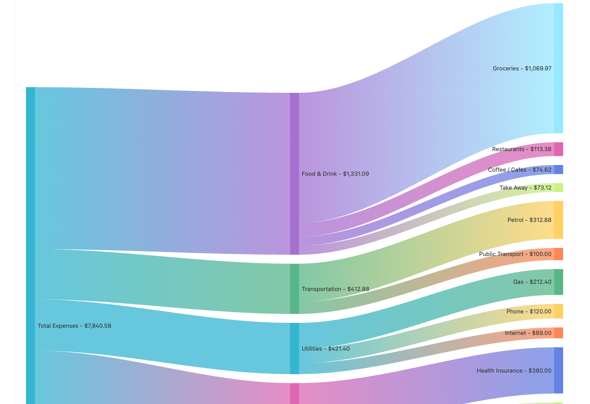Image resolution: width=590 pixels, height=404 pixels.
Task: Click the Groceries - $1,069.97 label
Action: (x=522, y=69)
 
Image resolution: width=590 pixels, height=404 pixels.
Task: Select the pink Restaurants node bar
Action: (x=558, y=149)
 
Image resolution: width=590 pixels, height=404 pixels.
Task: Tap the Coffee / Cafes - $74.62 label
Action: (x=519, y=170)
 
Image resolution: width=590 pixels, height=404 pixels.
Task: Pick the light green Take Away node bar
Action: (x=558, y=187)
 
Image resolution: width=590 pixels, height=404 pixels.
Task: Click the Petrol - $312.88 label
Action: (x=529, y=220)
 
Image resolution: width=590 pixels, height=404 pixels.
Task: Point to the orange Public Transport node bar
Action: (x=558, y=254)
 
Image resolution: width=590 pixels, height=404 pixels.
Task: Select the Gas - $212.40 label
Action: (x=532, y=282)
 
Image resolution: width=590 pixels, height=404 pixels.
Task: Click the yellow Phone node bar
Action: (x=558, y=311)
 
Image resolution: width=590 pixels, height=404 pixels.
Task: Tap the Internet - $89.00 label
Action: (x=528, y=333)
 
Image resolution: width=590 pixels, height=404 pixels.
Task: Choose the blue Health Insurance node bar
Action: (x=558, y=370)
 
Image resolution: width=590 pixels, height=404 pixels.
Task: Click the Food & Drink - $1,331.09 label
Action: (x=335, y=174)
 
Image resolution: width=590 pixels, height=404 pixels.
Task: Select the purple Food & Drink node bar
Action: (x=294, y=174)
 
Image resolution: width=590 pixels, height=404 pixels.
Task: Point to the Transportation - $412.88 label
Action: (x=335, y=289)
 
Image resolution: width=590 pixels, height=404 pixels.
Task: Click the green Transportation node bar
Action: (x=294, y=289)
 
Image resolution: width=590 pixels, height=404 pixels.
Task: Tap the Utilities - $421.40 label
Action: (x=325, y=349)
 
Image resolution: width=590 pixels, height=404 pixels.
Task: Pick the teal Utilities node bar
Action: (x=294, y=348)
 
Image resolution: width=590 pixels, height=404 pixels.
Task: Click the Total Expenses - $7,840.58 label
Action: (x=74, y=326)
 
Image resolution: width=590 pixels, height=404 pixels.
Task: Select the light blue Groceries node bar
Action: (x=558, y=68)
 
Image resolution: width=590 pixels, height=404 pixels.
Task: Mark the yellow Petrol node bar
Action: (x=558, y=220)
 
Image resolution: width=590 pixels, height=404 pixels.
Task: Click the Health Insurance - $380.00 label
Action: (x=514, y=371)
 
